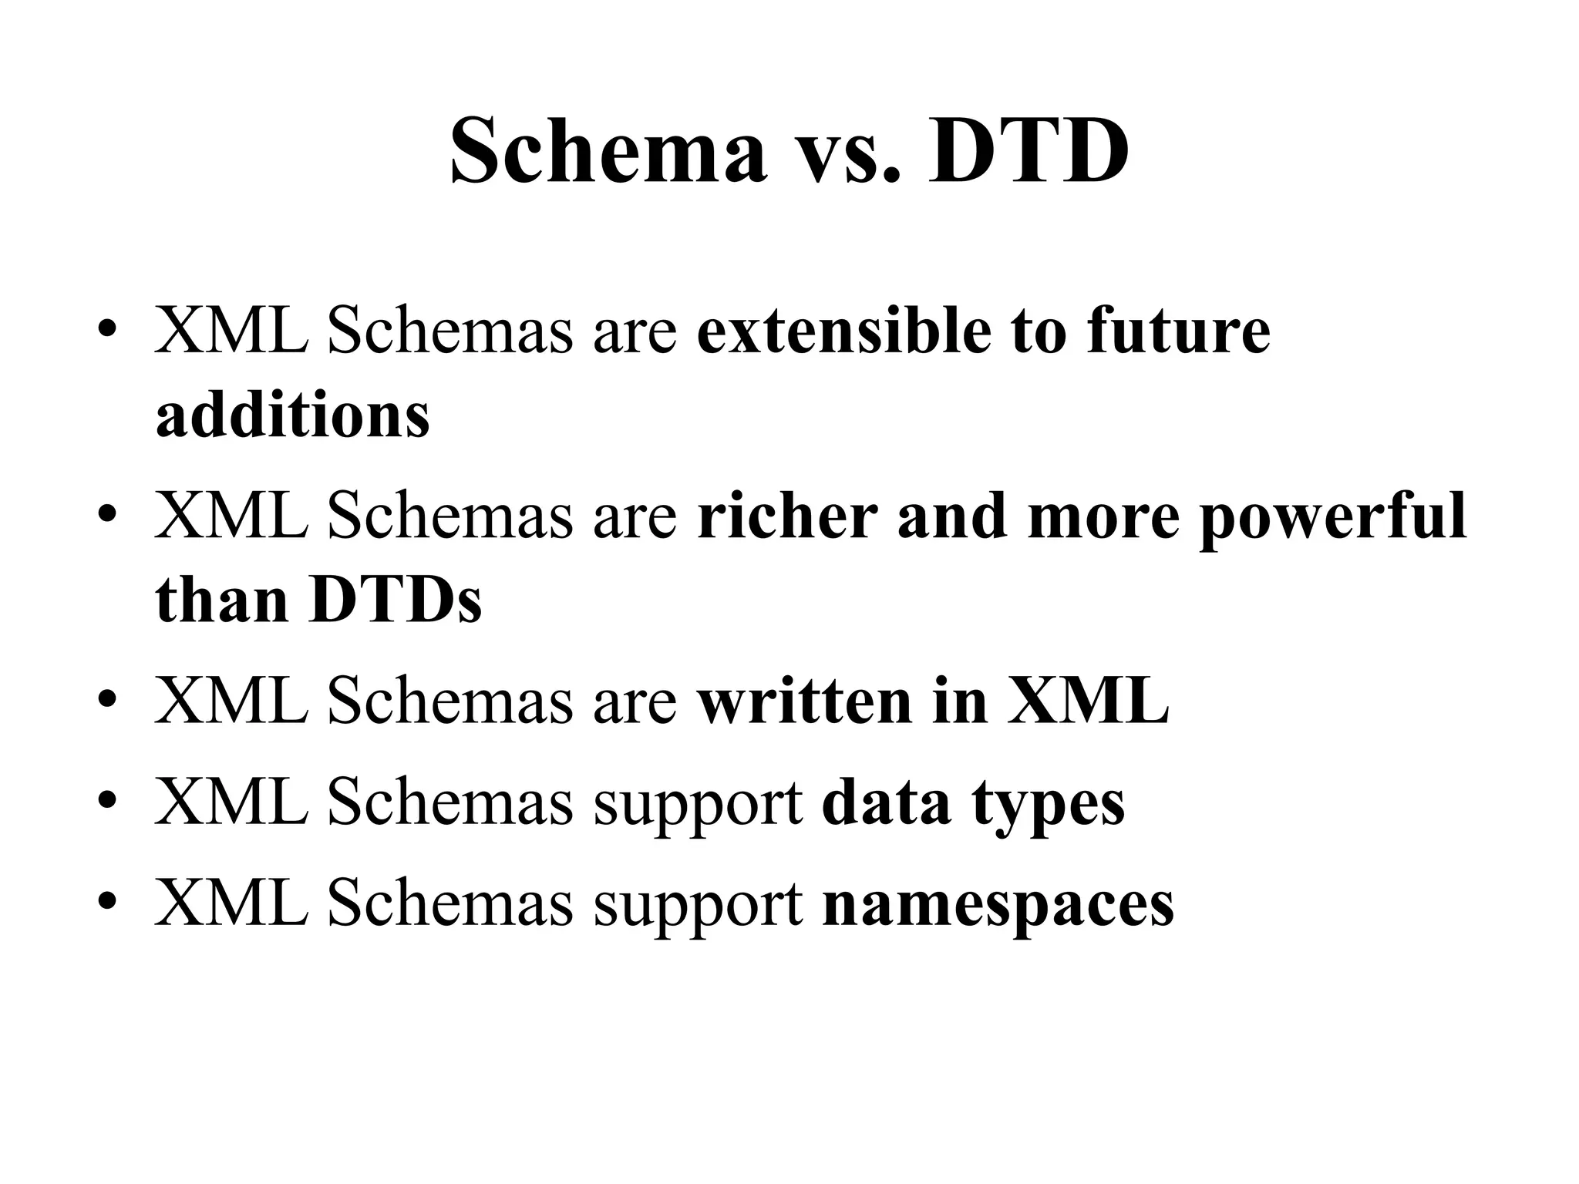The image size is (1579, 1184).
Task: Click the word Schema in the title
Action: pyautogui.click(x=608, y=150)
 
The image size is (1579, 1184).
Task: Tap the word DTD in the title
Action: pyautogui.click(x=1029, y=150)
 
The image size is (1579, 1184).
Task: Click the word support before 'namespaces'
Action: pyautogui.click(x=698, y=905)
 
